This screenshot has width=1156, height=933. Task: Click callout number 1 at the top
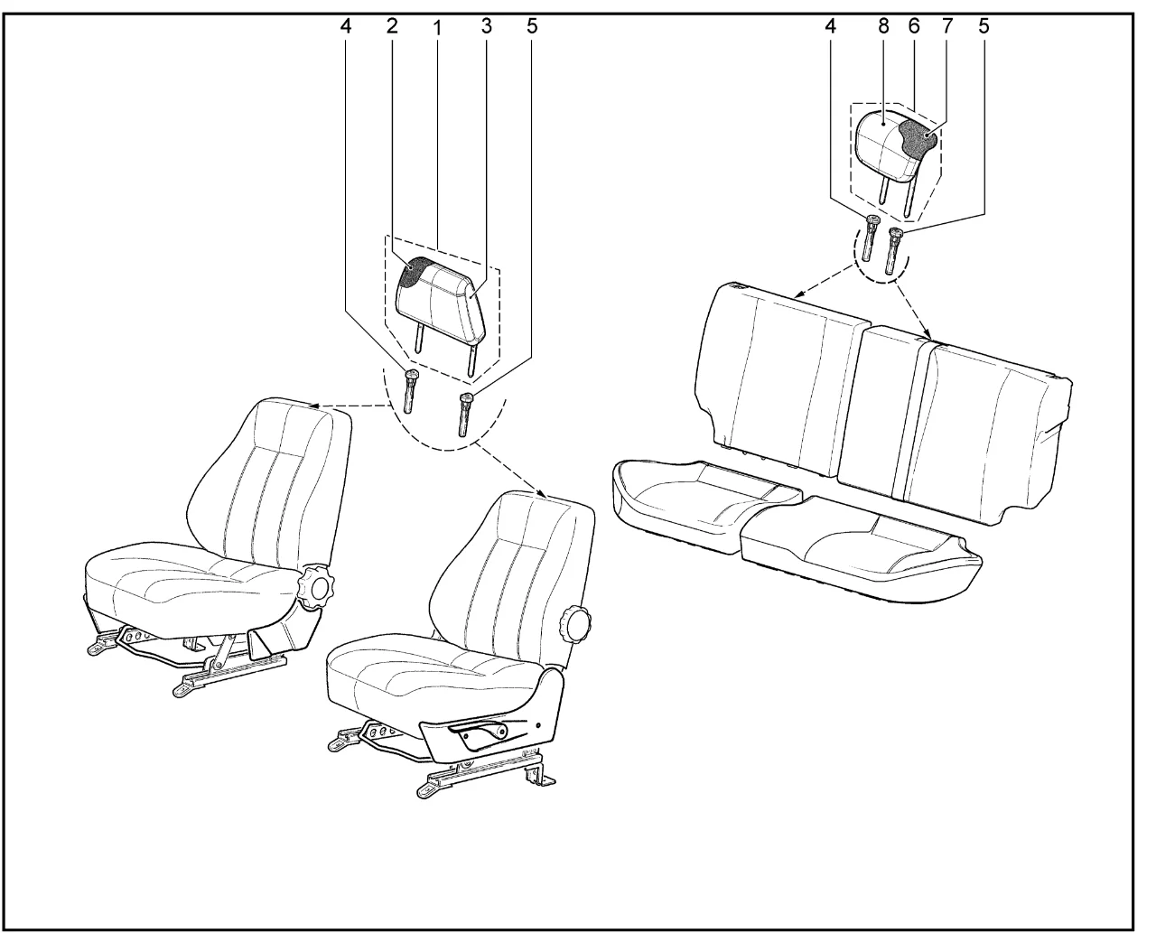coord(437,28)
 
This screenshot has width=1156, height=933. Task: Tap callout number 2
coord(392,25)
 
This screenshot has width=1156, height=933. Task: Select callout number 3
coord(486,25)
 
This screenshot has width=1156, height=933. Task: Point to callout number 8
coord(883,25)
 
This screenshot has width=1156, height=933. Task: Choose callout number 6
coord(914,25)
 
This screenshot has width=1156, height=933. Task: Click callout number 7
coord(947,25)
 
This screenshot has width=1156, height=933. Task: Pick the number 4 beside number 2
coord(346,25)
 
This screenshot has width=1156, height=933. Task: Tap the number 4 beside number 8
coord(830,25)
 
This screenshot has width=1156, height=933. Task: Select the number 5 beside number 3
coord(532,25)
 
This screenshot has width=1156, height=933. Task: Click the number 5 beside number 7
coord(984,25)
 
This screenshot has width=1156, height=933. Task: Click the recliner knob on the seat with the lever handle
coord(577,625)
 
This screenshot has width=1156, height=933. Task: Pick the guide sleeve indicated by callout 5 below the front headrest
coord(464,415)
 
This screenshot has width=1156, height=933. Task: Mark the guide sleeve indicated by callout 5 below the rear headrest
coord(891,251)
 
